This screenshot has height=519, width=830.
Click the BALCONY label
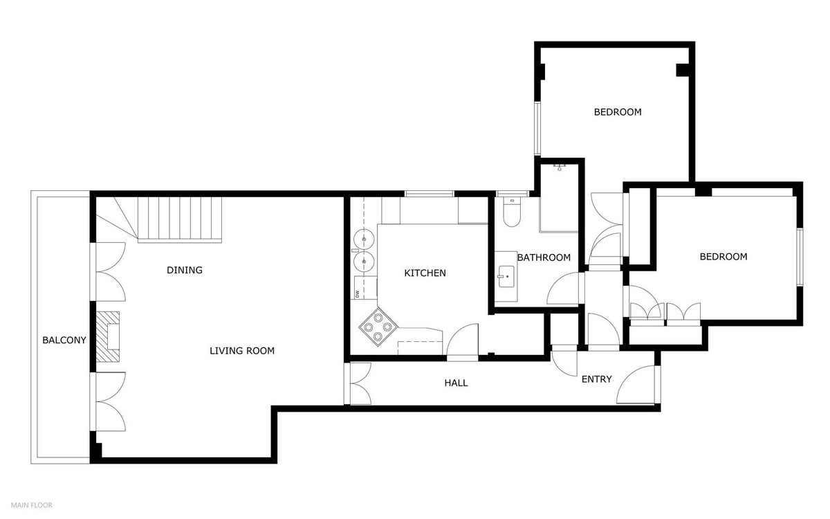(x=64, y=340)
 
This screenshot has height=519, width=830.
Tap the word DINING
(x=185, y=270)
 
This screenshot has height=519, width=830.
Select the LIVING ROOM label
(x=242, y=351)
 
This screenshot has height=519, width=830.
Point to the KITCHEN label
(x=425, y=273)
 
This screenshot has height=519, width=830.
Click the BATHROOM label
(x=544, y=257)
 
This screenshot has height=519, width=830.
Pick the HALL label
(x=456, y=383)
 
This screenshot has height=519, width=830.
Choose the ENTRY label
(x=596, y=379)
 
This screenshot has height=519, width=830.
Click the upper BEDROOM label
(x=618, y=111)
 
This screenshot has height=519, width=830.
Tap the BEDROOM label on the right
(x=723, y=257)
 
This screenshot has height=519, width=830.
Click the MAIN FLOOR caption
(x=31, y=505)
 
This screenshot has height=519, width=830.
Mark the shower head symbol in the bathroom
(x=560, y=167)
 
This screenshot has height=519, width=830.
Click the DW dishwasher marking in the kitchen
(x=358, y=294)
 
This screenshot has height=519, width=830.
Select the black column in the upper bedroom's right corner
(x=683, y=70)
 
